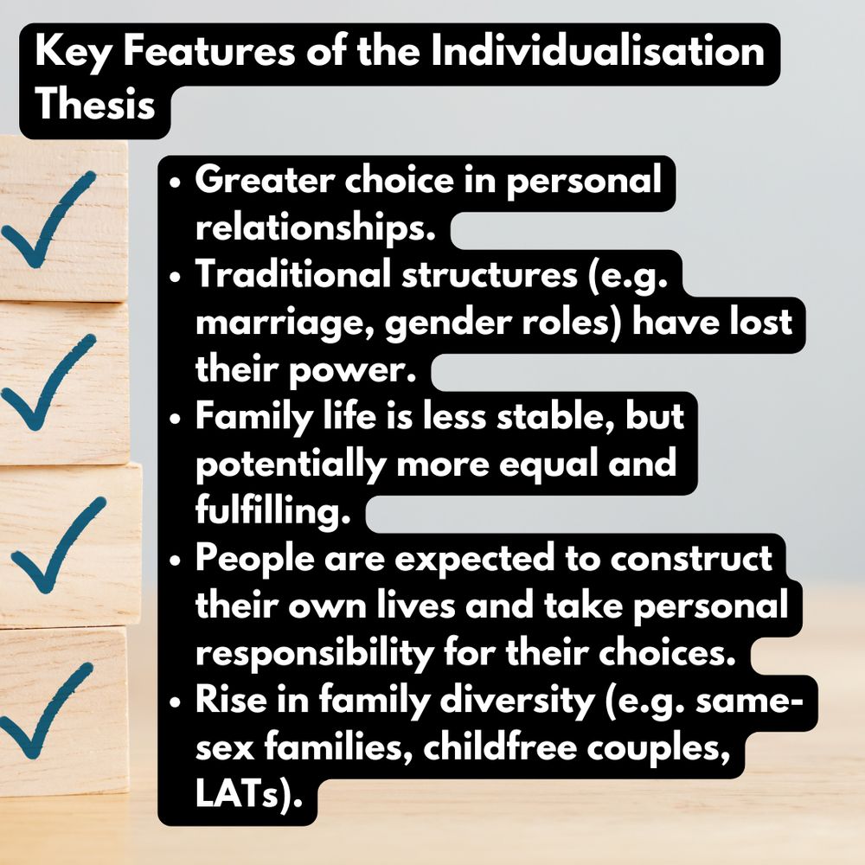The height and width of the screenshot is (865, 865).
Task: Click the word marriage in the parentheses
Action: pyautogui.click(x=285, y=322)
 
